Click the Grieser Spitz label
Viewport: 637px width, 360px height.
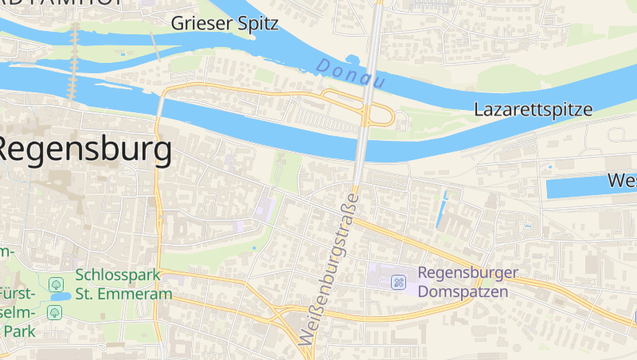(x=225, y=23)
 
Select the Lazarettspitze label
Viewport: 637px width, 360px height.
(x=533, y=110)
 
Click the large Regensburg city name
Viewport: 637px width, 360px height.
(x=84, y=150)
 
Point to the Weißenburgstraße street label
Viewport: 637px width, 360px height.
(x=329, y=268)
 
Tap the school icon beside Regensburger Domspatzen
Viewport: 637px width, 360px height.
(x=400, y=282)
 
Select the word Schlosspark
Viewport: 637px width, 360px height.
(x=118, y=275)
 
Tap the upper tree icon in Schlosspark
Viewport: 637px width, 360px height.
(x=56, y=284)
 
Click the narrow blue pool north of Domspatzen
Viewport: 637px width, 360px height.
(x=441, y=209)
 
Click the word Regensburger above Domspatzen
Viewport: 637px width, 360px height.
(x=468, y=273)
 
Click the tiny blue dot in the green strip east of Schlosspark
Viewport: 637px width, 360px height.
(x=254, y=248)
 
